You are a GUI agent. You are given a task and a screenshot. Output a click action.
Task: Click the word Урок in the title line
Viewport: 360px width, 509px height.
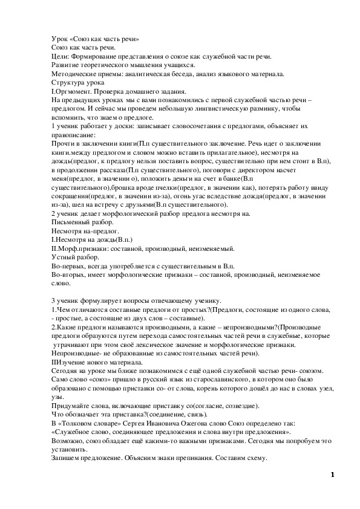59,39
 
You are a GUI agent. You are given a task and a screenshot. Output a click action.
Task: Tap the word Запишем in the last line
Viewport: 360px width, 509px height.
65,458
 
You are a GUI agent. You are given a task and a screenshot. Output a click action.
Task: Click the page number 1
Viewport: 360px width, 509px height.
332,475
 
